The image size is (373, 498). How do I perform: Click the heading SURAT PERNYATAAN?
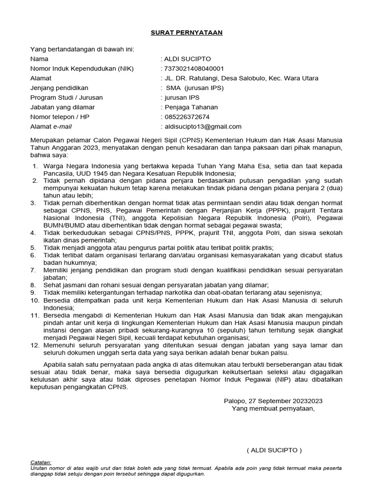click(186, 32)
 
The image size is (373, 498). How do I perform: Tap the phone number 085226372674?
click(187, 117)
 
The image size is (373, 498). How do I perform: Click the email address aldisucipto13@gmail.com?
click(203, 127)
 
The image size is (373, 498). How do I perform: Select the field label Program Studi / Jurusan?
click(66, 98)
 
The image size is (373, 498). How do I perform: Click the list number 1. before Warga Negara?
click(35, 167)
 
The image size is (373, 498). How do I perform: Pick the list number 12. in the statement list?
click(34, 345)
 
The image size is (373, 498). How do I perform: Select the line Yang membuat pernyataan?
click(273, 409)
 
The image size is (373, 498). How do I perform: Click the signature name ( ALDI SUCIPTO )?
click(274, 450)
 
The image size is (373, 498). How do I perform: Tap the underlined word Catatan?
click(40, 462)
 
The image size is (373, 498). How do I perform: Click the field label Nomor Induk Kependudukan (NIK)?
click(82, 69)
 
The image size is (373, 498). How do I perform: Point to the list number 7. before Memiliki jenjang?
click(34, 269)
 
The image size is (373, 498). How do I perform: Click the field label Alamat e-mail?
click(51, 127)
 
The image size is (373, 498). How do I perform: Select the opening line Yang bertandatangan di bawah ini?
click(82, 49)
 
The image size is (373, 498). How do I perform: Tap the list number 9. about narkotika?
click(34, 292)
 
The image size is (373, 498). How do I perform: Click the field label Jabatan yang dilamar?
click(63, 107)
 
